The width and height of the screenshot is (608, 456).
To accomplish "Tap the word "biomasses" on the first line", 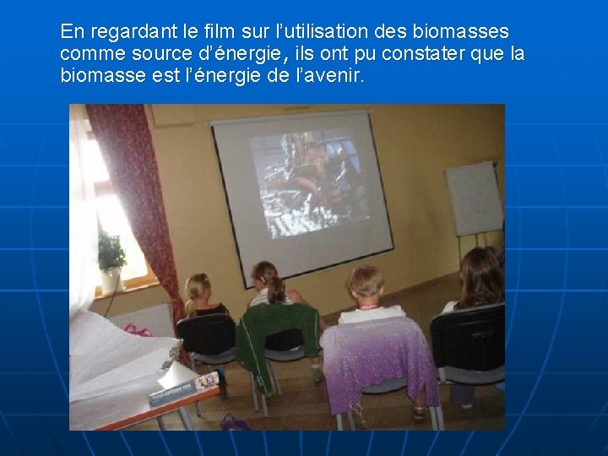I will (461, 32).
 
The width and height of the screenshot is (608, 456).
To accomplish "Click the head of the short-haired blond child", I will (366, 281).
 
